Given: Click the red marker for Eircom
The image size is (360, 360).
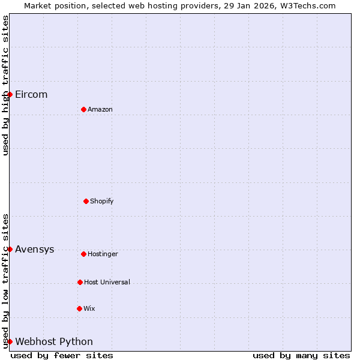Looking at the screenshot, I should click(10, 94).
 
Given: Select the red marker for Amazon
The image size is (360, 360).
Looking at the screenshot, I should click(83, 109).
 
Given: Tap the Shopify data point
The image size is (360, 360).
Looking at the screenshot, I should click(86, 201).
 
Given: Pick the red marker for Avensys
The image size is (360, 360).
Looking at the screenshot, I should click(10, 249).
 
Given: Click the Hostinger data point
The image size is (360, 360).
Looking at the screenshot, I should click(83, 254).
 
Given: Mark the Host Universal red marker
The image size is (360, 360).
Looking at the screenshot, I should click(80, 282).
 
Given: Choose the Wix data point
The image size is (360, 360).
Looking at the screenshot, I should click(79, 308).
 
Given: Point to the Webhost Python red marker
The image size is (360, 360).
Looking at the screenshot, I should click(10, 341).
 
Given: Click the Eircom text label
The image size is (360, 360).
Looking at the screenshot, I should click(31, 95).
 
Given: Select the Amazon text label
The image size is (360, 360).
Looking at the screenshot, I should click(100, 109).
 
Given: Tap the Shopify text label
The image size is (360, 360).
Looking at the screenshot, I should click(102, 201).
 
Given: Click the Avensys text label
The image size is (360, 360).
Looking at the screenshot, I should click(34, 250).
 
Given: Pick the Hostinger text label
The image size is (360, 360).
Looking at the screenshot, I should click(103, 254).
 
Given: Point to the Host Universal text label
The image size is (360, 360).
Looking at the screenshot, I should click(107, 282).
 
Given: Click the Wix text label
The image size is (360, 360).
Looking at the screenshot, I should click(89, 308).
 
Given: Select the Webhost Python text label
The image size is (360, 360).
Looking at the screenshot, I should click(54, 342).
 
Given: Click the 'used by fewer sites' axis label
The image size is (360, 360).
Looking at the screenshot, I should click(62, 355).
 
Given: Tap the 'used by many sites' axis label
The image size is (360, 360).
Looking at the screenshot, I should click(301, 355).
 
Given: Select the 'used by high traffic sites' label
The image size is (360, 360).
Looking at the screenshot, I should click(5, 85).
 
